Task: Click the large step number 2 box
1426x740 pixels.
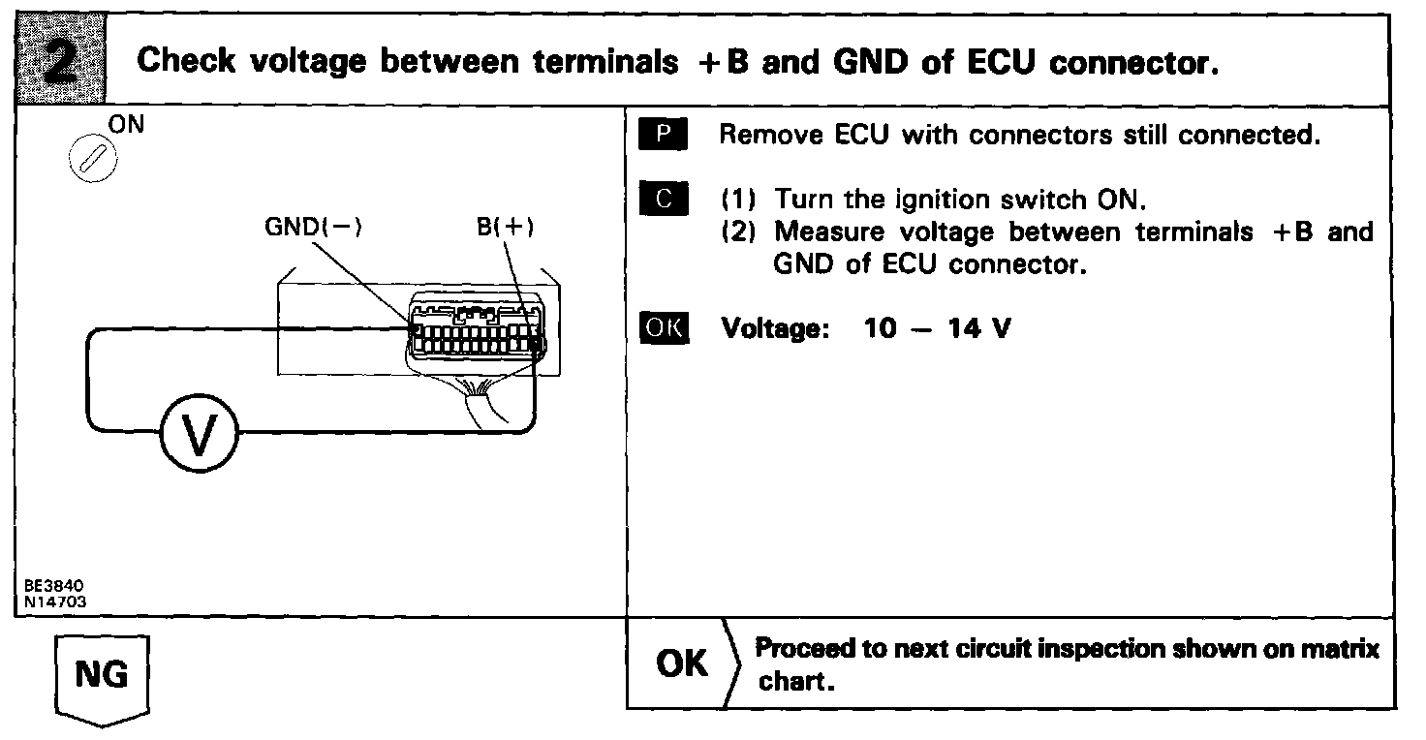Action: point(60,60)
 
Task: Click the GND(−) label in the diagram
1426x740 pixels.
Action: point(313,228)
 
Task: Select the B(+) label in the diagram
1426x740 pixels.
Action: point(505,228)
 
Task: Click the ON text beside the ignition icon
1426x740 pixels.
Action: point(126,126)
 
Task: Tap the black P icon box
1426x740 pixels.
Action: point(663,136)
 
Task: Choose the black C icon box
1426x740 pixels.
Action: point(663,200)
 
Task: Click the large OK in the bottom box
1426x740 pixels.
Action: point(682,664)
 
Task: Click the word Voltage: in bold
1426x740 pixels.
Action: point(775,329)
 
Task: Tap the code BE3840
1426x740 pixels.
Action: point(57,587)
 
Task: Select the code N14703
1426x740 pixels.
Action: point(57,600)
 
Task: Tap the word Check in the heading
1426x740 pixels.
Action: point(186,62)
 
